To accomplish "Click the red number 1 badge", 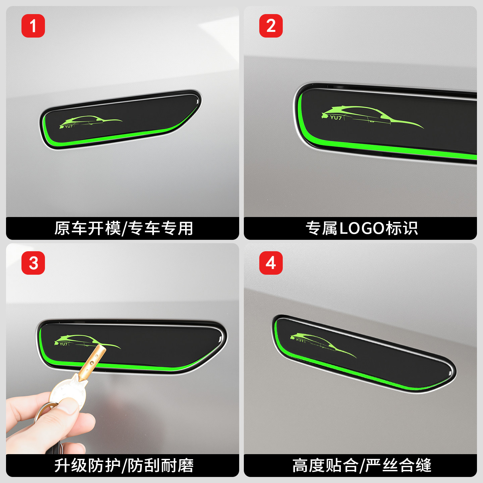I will [33, 26].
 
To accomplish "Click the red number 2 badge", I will [271, 26].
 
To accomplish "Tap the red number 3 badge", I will [33, 263].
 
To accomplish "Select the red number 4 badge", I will [271, 263].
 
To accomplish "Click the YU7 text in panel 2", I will [336, 117].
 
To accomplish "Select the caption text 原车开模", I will [87, 228].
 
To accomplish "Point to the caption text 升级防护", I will [87, 466].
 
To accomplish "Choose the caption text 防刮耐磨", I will [160, 466].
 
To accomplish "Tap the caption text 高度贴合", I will [325, 466].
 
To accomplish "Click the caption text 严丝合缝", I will [398, 466].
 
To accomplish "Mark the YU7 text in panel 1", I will [69, 126].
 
